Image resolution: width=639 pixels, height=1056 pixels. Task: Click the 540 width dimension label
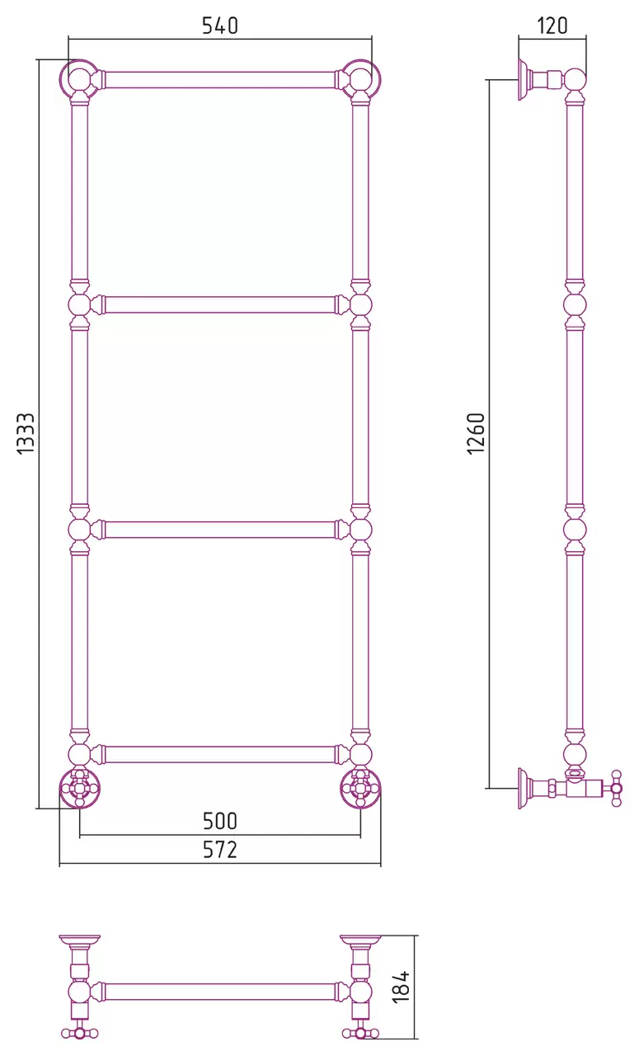pos(220,26)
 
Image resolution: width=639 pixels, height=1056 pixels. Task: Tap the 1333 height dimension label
pos(26,433)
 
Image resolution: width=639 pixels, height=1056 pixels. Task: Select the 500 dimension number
pos(220,821)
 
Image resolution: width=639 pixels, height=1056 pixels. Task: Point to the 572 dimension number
pos(220,850)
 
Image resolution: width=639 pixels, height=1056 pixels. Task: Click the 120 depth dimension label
pos(552,26)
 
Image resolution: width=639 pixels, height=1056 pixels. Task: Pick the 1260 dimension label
pos(477,433)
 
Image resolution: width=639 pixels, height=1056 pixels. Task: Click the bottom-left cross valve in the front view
pos(79,788)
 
